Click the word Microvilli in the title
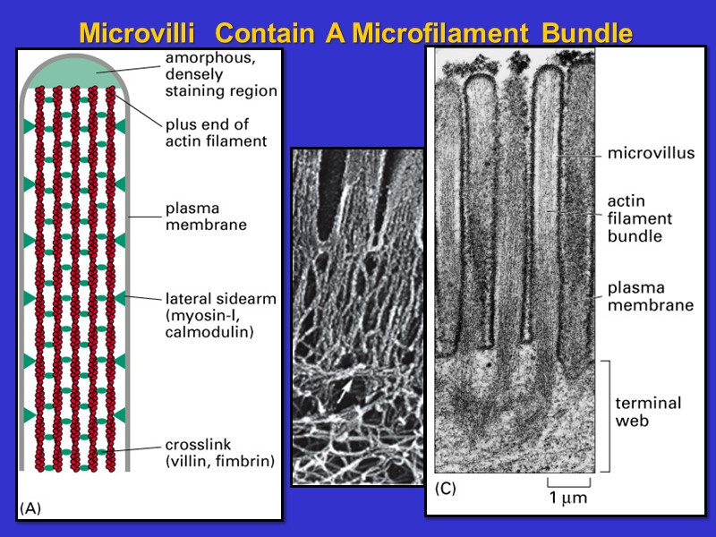[x=136, y=34]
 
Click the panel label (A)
[x=30, y=507]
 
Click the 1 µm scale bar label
[x=568, y=498]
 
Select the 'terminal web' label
[x=643, y=412]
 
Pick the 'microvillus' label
[x=651, y=153]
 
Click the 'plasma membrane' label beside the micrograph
[x=651, y=296]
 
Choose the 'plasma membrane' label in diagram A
[x=206, y=217]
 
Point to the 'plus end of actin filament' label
[x=216, y=132]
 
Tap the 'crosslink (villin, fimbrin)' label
[x=219, y=453]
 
